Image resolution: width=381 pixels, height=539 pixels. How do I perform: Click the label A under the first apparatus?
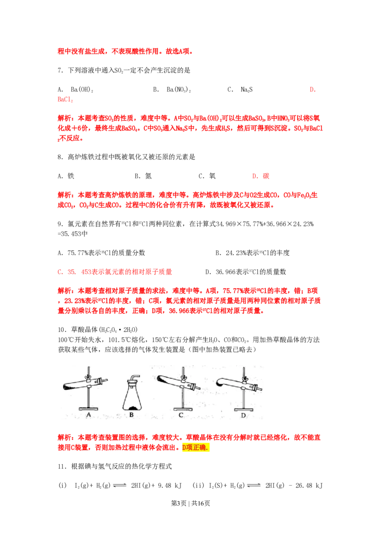pyautogui.click(x=88, y=415)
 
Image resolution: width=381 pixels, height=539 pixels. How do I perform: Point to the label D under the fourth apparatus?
pyautogui.click(x=243, y=415)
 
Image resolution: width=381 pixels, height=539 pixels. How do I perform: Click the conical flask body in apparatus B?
pyautogui.click(x=132, y=398)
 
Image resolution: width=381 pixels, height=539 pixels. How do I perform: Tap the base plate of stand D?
pyautogui.click(x=244, y=409)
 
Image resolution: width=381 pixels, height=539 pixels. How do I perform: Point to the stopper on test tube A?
pyautogui.click(x=101, y=381)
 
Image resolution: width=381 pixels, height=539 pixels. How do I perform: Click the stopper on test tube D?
pyautogui.click(x=256, y=387)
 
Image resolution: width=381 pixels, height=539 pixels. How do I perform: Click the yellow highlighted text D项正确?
pyautogui.click(x=196, y=448)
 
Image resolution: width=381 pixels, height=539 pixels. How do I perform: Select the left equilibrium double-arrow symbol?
pyautogui.click(x=120, y=485)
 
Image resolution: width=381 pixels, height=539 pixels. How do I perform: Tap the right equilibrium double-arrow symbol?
pyautogui.click(x=253, y=485)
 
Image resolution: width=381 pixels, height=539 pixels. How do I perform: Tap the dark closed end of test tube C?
pyautogui.click(x=161, y=379)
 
